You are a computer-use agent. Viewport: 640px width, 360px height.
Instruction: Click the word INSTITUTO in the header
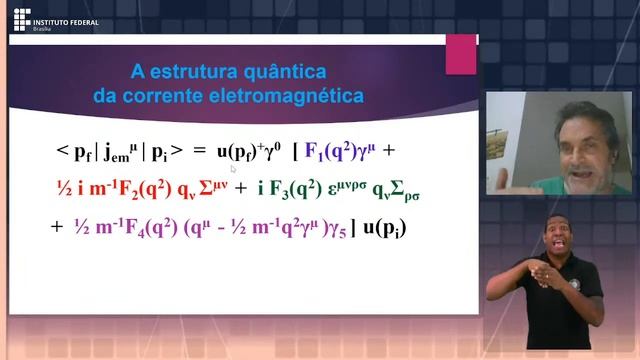52,15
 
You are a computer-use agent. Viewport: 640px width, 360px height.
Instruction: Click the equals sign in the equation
198,152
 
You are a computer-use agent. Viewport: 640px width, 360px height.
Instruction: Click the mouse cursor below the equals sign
234,169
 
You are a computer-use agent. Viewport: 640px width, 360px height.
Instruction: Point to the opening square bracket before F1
295,152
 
